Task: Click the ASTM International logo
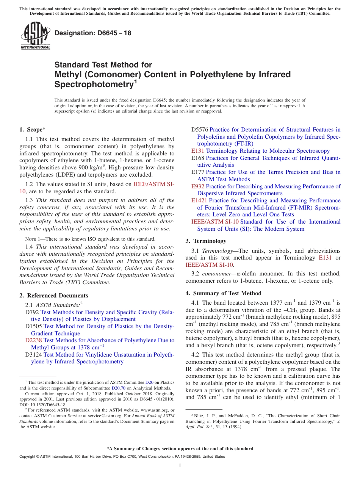[x=35, y=36]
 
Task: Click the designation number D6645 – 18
[x=93, y=33]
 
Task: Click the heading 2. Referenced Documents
[x=54, y=296]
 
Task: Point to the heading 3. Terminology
[x=206, y=241]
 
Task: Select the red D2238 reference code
[x=33, y=340]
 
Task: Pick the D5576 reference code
[x=200, y=130]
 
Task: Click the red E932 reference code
[x=198, y=186]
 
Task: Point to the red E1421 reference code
[x=199, y=200]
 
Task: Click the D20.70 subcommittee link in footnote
[x=119, y=388]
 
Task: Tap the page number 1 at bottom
[x=180, y=465]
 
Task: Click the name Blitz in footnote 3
[x=199, y=416]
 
